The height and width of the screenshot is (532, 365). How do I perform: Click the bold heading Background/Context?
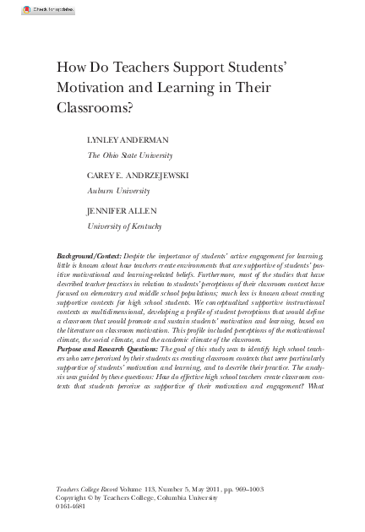click(x=89, y=255)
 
